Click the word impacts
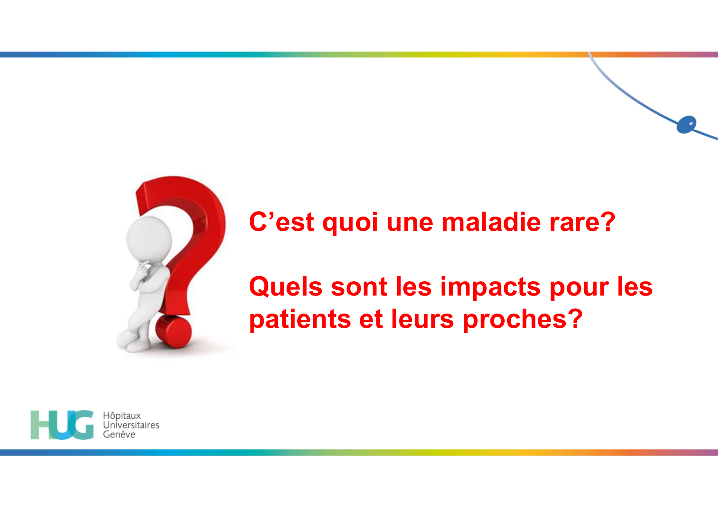click(490, 287)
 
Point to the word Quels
click(285, 287)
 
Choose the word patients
click(300, 320)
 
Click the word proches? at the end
click(522, 320)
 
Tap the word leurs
click(422, 320)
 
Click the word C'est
click(282, 222)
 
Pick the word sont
click(359, 287)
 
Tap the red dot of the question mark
click(174, 331)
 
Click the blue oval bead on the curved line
click(686, 124)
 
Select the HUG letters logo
click(62, 425)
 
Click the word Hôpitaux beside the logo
click(122, 415)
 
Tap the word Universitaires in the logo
click(131, 425)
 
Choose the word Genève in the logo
click(119, 434)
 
